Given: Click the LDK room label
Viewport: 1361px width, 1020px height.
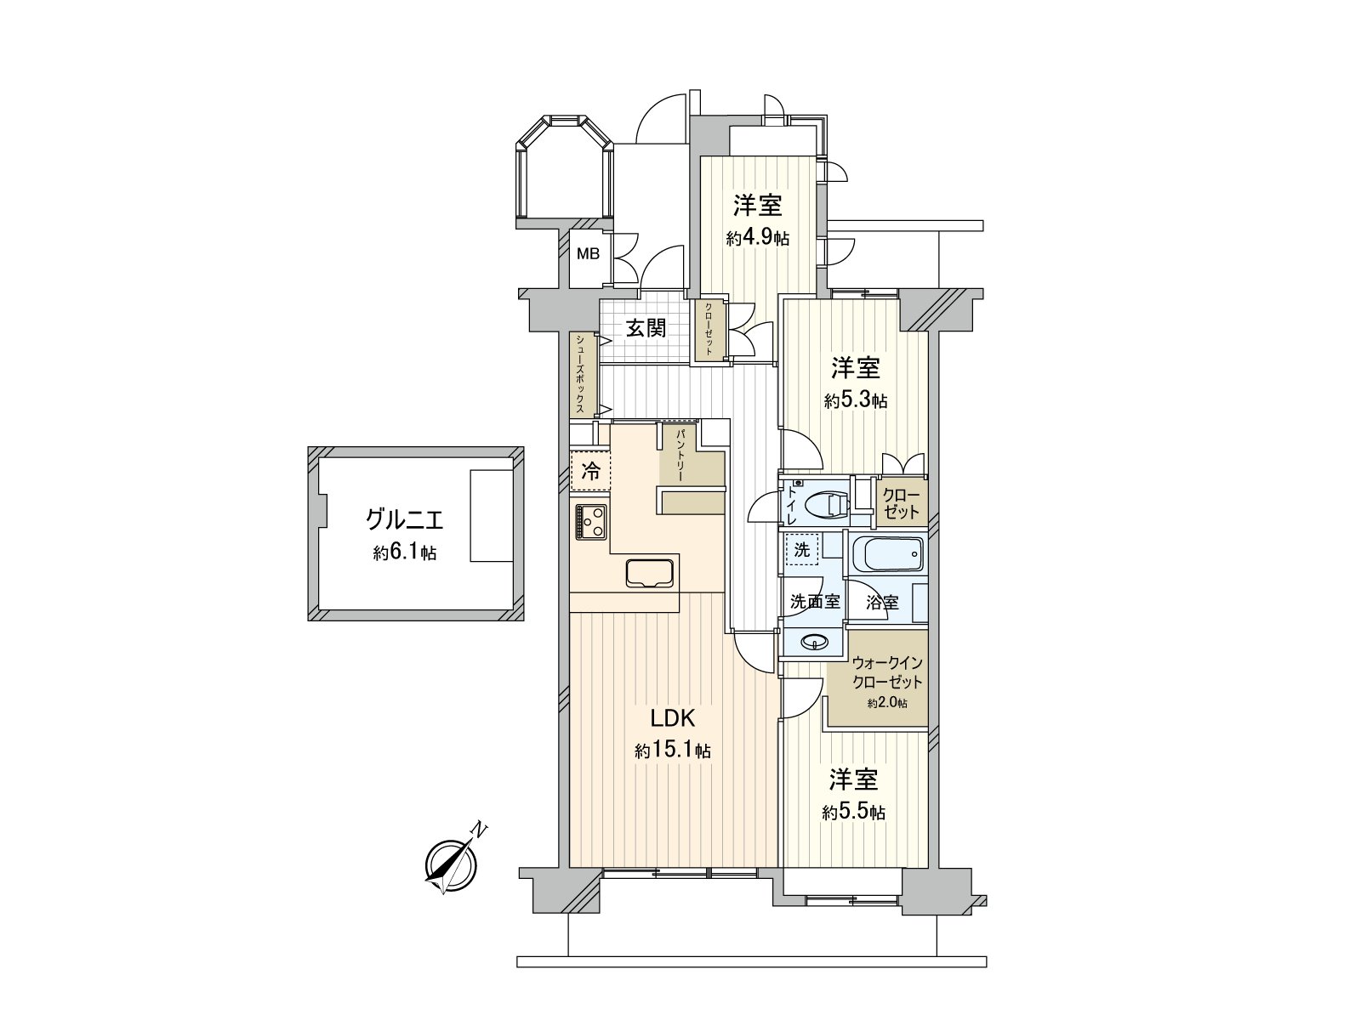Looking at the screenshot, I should [x=673, y=719].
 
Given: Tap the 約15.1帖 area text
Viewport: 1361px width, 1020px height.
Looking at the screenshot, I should [x=673, y=751].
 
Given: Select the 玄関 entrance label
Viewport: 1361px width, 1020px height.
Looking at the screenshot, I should [x=646, y=328].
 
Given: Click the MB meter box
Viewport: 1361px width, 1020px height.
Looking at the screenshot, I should [x=589, y=254].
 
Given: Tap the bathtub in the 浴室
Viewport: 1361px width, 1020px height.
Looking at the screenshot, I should [x=887, y=556].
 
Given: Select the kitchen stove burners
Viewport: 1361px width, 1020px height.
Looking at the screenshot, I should [x=590, y=521].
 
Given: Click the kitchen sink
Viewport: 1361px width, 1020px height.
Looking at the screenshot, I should [x=651, y=573].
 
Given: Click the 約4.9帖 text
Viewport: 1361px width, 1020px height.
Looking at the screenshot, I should [x=757, y=238].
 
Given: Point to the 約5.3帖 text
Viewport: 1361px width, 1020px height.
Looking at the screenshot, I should [x=855, y=401].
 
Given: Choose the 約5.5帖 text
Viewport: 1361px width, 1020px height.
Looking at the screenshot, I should [x=853, y=813].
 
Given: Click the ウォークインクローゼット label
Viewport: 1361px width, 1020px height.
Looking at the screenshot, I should [x=886, y=671].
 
